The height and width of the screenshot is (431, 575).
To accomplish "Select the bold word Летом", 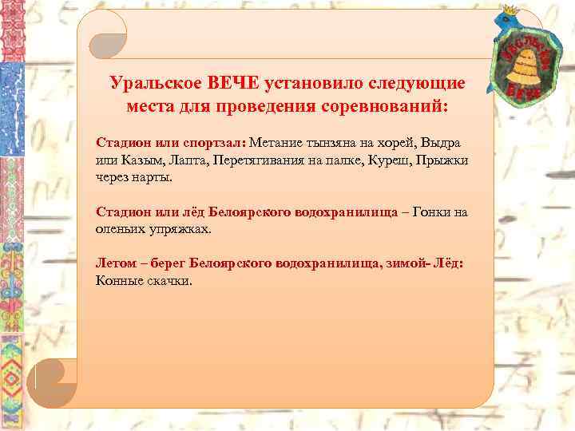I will point(115,263).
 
